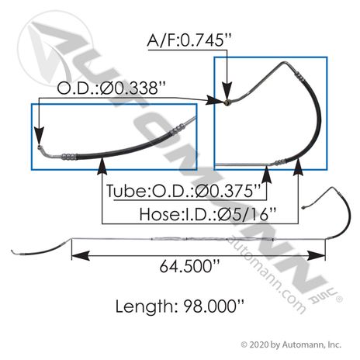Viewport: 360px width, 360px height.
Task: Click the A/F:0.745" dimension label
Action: (x=189, y=40)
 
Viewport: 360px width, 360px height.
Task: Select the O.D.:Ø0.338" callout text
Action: (x=111, y=88)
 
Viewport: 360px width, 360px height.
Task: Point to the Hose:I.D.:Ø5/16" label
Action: (x=208, y=214)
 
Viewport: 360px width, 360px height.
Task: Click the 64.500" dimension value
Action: (x=189, y=266)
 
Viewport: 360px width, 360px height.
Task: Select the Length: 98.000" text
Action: (x=179, y=306)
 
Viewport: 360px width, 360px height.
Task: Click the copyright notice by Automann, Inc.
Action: (x=291, y=344)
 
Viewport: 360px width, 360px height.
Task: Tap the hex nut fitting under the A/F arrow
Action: (x=227, y=102)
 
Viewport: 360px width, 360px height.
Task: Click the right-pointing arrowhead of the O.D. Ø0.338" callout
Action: (x=214, y=100)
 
